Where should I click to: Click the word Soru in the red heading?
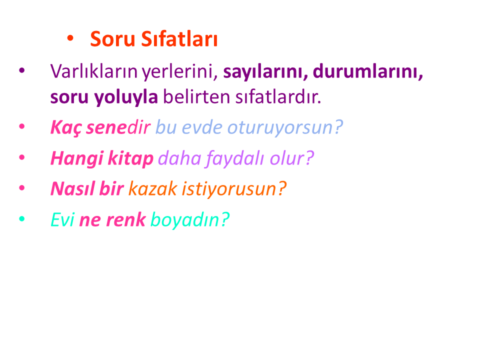coord(112,39)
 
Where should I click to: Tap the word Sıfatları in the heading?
coord(179,39)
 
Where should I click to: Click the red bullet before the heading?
coord(70,38)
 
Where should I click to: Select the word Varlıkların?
coord(93,71)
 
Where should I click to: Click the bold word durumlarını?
coord(368,71)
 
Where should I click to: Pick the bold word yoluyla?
coord(126,97)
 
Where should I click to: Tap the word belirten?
coord(196,96)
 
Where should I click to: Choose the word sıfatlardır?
coord(278,96)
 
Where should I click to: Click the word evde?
coord(202,127)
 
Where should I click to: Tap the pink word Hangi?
coord(77,158)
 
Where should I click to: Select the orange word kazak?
coord(153,188)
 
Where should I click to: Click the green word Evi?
coord(62,219)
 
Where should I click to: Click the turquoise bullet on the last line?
coord(21,218)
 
